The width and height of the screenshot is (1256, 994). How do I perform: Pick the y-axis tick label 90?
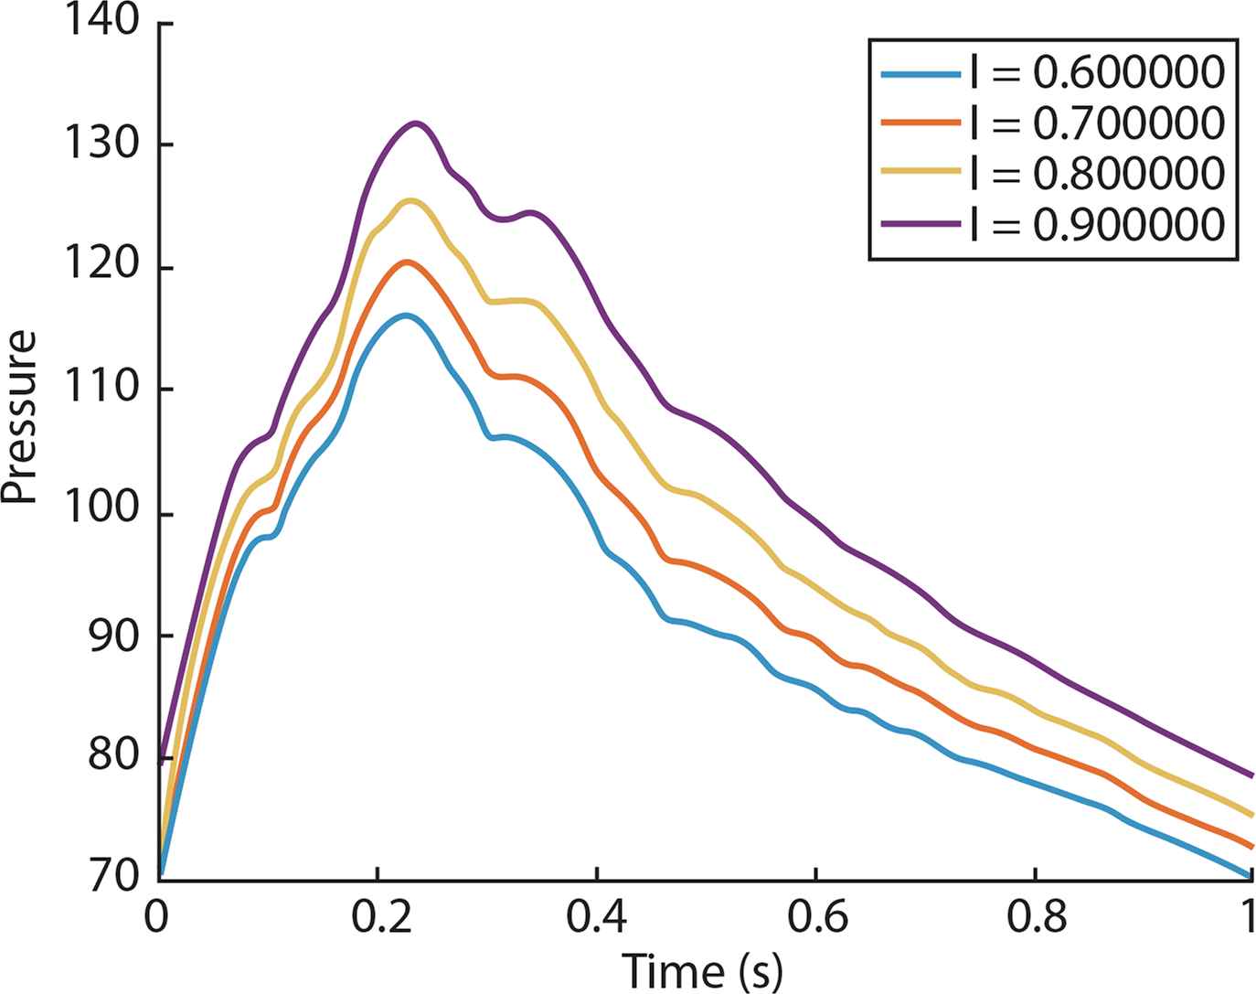coord(113,636)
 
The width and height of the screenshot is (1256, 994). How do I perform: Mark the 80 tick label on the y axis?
coord(113,757)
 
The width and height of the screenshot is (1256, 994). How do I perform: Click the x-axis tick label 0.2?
coord(377,917)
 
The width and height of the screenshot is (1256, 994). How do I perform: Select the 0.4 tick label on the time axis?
coord(596,917)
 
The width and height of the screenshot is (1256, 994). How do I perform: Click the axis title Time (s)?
coord(702,969)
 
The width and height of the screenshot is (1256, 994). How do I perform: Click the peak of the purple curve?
coord(417,123)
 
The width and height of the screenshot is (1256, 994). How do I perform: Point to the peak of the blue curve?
coord(404,315)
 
